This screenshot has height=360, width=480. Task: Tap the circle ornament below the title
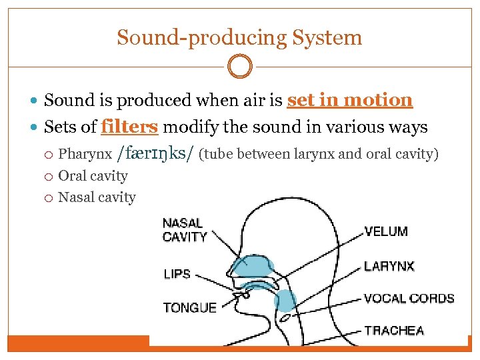(240, 67)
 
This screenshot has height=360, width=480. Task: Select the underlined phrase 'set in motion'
(350, 101)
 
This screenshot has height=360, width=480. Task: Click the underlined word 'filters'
(129, 127)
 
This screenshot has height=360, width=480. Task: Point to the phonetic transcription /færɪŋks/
(155, 154)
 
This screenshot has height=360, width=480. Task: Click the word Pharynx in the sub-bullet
(85, 155)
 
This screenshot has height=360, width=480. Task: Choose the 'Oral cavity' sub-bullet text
(93, 176)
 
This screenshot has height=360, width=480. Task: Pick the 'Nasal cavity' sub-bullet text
(97, 197)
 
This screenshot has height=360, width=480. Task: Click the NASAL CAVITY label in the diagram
(184, 230)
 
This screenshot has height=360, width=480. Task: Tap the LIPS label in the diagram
(177, 274)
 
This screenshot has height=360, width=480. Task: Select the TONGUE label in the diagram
(190, 308)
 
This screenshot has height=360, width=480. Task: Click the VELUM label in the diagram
(386, 232)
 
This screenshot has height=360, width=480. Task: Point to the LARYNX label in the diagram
(389, 267)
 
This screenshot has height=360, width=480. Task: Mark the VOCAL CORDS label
(409, 299)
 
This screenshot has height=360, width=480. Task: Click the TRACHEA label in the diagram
(394, 331)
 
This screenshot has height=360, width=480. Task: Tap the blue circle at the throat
(285, 301)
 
